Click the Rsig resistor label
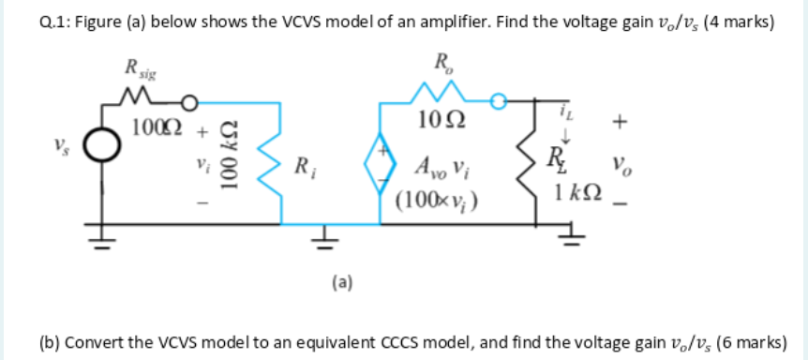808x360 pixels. [137, 68]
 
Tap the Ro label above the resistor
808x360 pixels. [444, 65]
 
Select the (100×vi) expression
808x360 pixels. [437, 198]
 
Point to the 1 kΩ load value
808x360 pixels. [575, 195]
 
